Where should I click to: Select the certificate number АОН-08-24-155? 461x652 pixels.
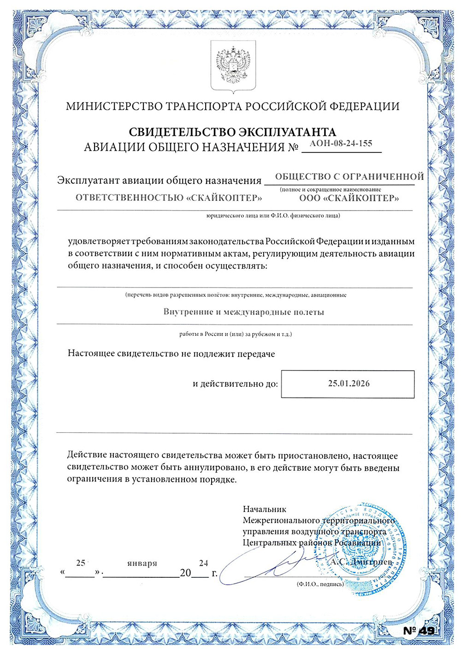pyautogui.click(x=341, y=143)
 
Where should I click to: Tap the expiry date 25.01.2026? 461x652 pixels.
pyautogui.click(x=349, y=383)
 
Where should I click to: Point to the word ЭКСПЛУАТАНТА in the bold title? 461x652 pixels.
pyautogui.click(x=286, y=132)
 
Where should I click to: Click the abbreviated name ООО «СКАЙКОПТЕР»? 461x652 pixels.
pyautogui.click(x=349, y=198)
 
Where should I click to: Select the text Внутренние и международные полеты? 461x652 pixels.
pyautogui.click(x=243, y=312)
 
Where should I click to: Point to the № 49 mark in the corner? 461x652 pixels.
pyautogui.click(x=419, y=631)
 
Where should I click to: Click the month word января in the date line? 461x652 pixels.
pyautogui.click(x=142, y=563)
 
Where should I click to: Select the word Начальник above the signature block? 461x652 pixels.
pyautogui.click(x=265, y=509)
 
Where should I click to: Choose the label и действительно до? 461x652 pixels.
pyautogui.click(x=235, y=383)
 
